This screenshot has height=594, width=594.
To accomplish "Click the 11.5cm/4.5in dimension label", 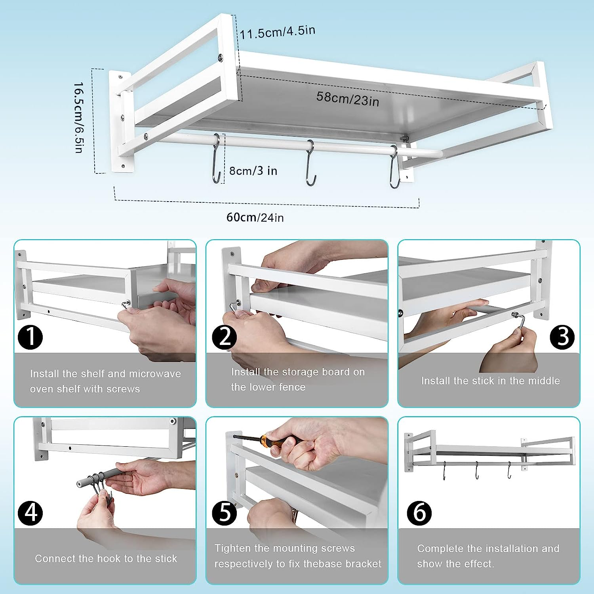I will click(277, 32).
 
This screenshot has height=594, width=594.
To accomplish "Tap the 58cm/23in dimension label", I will click(348, 99).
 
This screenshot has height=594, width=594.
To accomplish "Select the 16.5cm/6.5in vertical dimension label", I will click(79, 118).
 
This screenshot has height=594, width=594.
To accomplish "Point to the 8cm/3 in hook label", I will click(253, 171).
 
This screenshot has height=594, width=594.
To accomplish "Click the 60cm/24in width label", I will click(255, 217).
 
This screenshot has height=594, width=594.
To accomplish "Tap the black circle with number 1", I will click(30, 337).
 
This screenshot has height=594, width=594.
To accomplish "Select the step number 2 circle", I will click(224, 337).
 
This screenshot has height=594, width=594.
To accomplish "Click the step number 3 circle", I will click(562, 337).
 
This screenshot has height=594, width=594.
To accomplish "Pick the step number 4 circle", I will click(30, 513).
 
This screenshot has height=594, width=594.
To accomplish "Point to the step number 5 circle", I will click(224, 513).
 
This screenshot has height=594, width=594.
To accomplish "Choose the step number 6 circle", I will click(419, 513).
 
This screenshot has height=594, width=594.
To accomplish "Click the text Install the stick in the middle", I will click(490, 381).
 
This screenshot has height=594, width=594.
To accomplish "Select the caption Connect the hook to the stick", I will click(106, 559).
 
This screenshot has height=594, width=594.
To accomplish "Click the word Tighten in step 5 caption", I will click(233, 548).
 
